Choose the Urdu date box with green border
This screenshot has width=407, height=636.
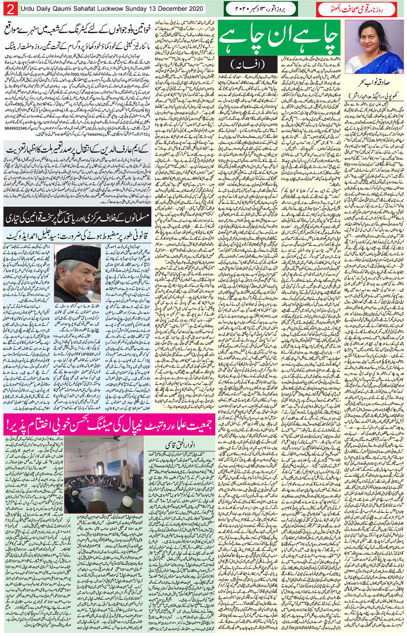(261, 9)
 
